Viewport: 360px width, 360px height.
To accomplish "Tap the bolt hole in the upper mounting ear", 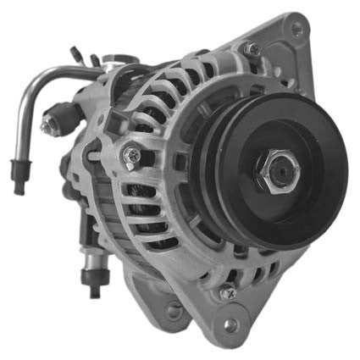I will coord(296,28).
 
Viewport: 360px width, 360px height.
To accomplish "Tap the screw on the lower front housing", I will coord(227,292).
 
